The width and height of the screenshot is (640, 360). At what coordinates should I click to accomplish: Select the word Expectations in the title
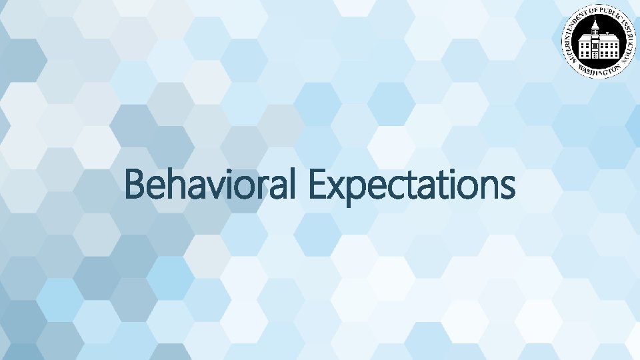pos(412,185)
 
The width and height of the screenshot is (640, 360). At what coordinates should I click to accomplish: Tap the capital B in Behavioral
pos(135,185)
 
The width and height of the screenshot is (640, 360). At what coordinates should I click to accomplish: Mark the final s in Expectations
pos(507,188)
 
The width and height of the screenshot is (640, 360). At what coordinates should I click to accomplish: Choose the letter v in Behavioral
pos(212,188)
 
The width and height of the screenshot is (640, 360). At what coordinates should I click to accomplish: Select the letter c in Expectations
pos(395,188)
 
